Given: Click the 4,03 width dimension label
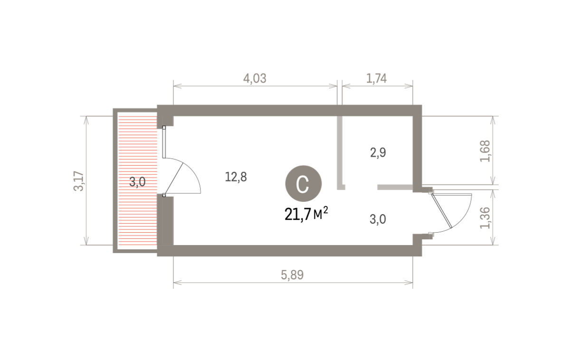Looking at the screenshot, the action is [255, 78].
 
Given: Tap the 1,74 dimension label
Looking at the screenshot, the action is [376, 78].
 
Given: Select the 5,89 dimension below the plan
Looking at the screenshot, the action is [292, 275].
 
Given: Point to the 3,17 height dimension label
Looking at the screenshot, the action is [79, 181].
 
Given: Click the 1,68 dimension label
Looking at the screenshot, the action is [485, 151].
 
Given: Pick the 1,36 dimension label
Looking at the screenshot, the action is [485, 218].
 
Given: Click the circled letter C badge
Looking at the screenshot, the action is [304, 184].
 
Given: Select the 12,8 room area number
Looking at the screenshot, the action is [236, 177].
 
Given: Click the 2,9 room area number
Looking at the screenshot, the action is [378, 152].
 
